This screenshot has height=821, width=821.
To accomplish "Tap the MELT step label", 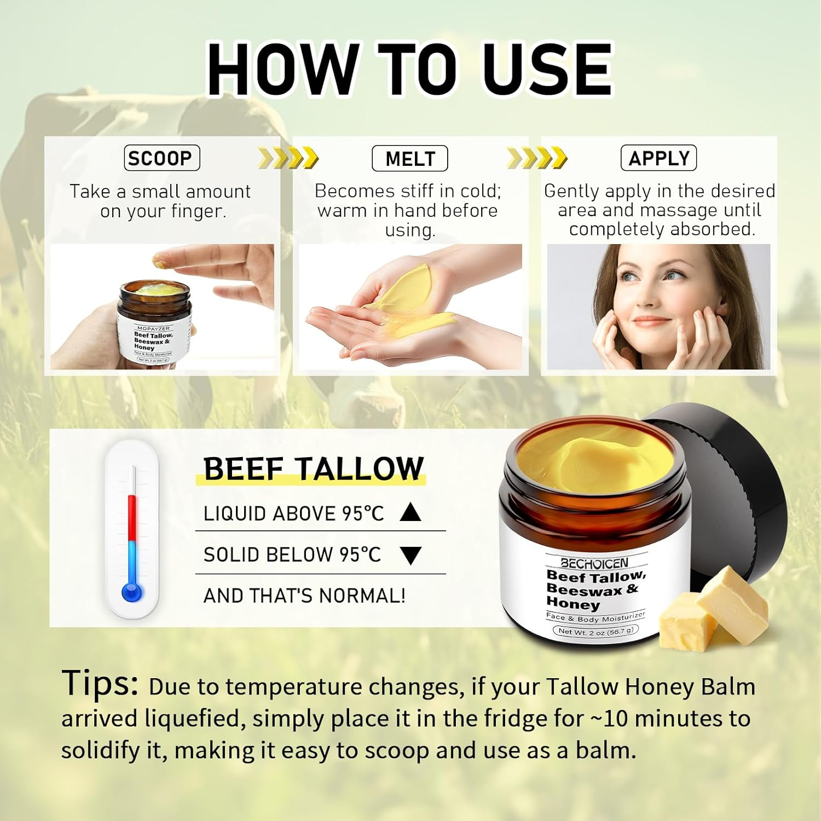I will click(x=410, y=159).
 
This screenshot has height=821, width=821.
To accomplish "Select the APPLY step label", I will click(x=658, y=159).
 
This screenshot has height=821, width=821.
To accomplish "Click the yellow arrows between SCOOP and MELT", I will click(x=288, y=158).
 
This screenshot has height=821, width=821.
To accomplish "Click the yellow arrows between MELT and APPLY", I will click(x=536, y=158).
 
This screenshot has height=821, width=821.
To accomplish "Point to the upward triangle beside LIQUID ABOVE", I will click(x=410, y=512).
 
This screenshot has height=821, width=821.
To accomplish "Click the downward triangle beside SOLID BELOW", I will click(x=410, y=556).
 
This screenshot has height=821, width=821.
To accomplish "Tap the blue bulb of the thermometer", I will click(x=132, y=592).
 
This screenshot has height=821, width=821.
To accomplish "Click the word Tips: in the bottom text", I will click(x=100, y=683).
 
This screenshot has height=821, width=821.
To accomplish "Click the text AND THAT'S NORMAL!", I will click(x=304, y=595).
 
